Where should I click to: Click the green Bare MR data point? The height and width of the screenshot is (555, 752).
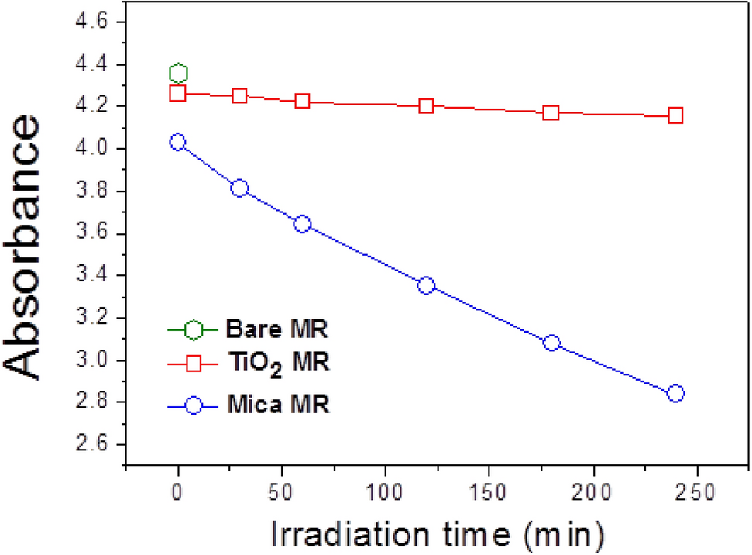point(178,74)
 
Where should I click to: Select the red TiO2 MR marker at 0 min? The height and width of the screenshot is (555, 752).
point(178,93)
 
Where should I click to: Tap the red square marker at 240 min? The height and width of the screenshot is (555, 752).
point(675,115)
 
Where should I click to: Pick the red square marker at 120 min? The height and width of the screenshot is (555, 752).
point(426,105)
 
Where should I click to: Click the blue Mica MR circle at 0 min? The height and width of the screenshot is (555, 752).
point(178,142)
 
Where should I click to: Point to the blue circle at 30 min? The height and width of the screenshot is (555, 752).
point(240,188)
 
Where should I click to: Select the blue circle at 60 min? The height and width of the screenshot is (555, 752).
point(303,224)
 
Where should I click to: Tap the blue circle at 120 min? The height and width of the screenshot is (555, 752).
point(426,285)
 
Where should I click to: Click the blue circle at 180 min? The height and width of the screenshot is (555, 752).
point(551,343)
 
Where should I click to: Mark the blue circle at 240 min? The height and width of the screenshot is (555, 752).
point(675,393)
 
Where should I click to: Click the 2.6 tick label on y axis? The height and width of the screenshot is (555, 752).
point(99,445)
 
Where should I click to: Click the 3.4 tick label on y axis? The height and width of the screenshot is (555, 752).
point(99,276)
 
